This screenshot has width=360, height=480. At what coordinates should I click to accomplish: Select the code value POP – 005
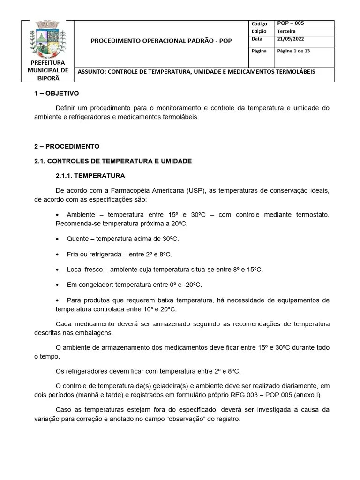291,23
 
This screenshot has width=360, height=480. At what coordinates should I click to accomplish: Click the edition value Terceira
286,31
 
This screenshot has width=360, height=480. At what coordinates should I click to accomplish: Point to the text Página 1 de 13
293,51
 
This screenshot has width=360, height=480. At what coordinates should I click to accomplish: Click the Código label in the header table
259,24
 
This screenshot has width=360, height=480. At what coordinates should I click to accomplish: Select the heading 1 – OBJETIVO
57,93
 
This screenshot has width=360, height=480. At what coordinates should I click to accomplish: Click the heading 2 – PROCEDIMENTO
67,146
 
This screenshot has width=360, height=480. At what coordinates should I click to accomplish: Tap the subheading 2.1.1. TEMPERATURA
90,176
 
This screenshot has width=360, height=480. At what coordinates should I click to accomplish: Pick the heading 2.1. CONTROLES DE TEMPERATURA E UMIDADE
113,161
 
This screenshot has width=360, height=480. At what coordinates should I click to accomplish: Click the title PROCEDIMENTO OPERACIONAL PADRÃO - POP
161,41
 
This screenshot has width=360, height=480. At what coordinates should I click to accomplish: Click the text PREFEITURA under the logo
48,63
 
